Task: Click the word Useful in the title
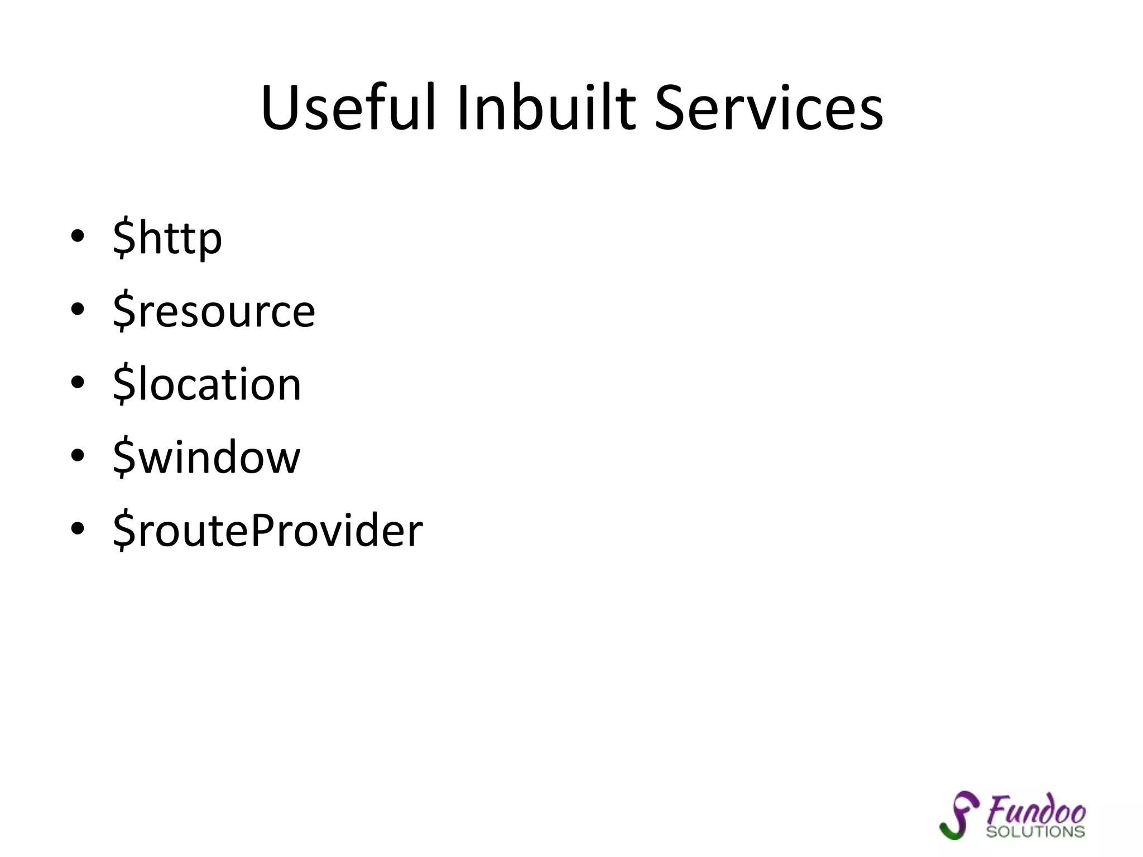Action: pos(347,108)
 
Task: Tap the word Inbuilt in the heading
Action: pos(546,108)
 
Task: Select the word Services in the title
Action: pos(769,108)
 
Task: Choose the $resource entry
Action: pos(214,311)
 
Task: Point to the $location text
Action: pos(206,384)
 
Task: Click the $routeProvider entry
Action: pos(268,531)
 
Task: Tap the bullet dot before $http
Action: pos(78,236)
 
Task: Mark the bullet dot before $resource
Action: pos(78,309)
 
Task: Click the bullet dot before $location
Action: pos(78,382)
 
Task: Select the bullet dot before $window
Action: pos(78,455)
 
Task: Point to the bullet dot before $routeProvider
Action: pos(78,528)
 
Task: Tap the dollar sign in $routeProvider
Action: pos(124,531)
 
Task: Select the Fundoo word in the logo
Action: pos(1036,811)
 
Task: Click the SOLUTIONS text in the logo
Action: pos(1035,832)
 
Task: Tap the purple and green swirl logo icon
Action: pos(959,815)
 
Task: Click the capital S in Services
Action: pos(671,108)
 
